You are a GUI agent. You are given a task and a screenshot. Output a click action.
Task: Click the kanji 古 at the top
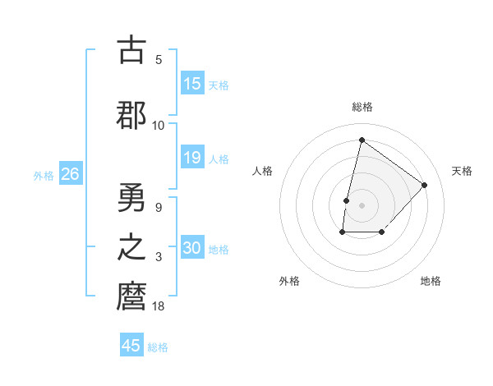pyautogui.click(x=131, y=50)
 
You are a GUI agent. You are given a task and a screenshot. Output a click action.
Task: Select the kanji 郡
pyautogui.click(x=131, y=114)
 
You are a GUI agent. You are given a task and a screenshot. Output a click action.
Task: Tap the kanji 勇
pyautogui.click(x=131, y=197)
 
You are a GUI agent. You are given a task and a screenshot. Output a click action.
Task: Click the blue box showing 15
pyautogui.click(x=192, y=84)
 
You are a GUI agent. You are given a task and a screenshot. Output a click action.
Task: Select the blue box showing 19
pyautogui.click(x=192, y=158)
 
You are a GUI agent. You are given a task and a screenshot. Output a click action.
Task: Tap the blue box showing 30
pyautogui.click(x=192, y=248)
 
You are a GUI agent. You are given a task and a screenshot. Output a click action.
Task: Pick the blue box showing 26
pyautogui.click(x=70, y=174)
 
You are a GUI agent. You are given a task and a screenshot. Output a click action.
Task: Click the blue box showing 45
pyautogui.click(x=131, y=346)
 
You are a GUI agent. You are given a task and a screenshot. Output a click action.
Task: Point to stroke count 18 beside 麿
pyautogui.click(x=159, y=306)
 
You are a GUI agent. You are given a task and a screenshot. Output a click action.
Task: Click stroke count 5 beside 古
pyautogui.click(x=159, y=60)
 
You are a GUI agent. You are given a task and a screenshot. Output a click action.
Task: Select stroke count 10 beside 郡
pyautogui.click(x=159, y=125)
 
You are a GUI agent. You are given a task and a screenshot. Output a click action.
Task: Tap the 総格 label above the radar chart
pyautogui.click(x=362, y=107)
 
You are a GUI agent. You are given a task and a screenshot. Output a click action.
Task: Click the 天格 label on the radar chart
pyautogui.click(x=463, y=171)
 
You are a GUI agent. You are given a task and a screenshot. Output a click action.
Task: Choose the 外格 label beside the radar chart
pyautogui.click(x=289, y=281)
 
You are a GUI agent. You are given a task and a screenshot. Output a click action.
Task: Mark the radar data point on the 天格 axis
pyautogui.click(x=424, y=185)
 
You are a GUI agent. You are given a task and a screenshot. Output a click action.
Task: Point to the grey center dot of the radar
pyautogui.click(x=362, y=205)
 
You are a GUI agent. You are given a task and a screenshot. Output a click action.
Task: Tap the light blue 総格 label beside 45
pyautogui.click(x=158, y=347)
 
